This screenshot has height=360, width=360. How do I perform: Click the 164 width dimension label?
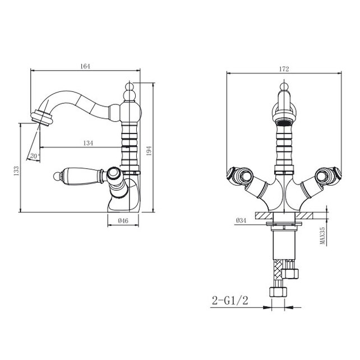(85, 66)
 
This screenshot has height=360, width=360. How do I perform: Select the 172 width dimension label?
(284, 69)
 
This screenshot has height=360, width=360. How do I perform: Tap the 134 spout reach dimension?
(88, 143)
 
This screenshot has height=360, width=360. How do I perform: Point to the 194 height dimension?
(149, 151)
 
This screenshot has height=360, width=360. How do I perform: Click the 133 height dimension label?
(16, 171)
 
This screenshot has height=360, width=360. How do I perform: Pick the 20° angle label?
(35, 156)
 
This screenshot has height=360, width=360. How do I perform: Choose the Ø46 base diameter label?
(123, 220)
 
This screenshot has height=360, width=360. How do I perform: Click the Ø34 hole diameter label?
(241, 220)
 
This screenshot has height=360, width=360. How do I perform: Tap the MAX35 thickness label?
(322, 236)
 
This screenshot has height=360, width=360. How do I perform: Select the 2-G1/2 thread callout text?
(230, 301)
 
